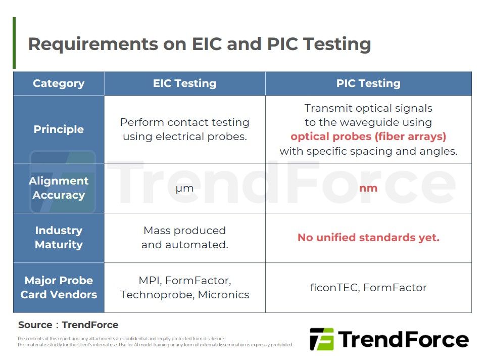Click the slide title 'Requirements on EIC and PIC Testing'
[x=200, y=44]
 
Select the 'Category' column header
[x=59, y=83]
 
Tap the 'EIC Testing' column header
[x=185, y=83]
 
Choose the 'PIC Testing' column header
[x=368, y=83]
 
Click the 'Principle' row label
[x=59, y=129]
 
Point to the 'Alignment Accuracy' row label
[x=59, y=188]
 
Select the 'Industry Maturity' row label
[x=59, y=238]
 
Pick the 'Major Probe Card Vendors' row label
[x=59, y=287]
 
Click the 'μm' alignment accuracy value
[x=185, y=188]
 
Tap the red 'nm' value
[x=368, y=188]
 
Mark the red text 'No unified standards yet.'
[x=368, y=238]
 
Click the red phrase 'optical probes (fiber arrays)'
[x=368, y=136]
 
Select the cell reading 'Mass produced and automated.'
[x=185, y=238]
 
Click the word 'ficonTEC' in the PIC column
[x=334, y=288]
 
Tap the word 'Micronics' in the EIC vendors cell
[x=223, y=295]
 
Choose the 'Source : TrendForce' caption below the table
[x=68, y=325]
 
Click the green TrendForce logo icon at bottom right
[x=322, y=339]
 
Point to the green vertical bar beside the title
[x=14, y=43]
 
